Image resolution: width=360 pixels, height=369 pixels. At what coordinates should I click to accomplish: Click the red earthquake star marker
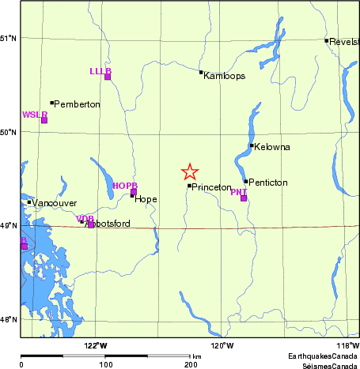189,171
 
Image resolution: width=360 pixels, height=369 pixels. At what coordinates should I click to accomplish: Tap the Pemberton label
78,104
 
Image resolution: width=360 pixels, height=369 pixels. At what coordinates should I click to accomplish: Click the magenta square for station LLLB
108,77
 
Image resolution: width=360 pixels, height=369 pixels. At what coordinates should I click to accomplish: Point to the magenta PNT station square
244,198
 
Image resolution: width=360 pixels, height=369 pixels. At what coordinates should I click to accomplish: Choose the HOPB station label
125,186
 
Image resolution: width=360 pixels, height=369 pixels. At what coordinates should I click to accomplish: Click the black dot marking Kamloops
201,73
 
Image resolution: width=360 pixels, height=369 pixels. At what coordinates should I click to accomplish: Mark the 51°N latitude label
9,38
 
